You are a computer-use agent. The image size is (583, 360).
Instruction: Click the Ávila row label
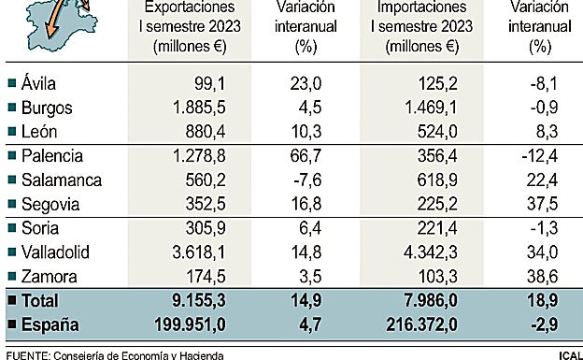click(x=36, y=82)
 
